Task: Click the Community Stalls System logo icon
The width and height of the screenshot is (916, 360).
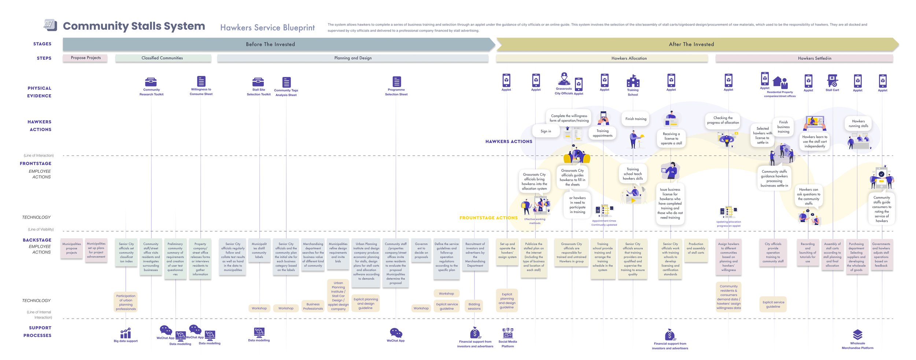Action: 50,25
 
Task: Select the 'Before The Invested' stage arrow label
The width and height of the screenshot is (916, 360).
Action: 270,44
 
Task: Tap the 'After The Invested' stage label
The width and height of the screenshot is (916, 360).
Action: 691,44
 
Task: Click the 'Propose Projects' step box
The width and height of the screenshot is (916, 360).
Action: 85,58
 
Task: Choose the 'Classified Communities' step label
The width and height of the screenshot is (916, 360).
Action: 162,58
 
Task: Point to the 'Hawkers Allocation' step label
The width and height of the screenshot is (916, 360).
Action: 629,58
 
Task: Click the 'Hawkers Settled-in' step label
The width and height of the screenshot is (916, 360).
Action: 814,58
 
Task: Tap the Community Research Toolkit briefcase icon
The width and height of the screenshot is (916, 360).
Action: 151,81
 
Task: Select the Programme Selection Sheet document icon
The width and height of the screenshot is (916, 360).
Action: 396,81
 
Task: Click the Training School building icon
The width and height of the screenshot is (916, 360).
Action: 633,81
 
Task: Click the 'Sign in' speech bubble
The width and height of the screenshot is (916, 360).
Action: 546,131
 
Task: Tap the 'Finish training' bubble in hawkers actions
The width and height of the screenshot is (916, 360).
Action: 636,119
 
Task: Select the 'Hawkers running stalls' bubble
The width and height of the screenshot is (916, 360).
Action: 858,124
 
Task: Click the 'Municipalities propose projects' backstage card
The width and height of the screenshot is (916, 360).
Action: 71,249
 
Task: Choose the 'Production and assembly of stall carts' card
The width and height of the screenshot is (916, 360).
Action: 696,249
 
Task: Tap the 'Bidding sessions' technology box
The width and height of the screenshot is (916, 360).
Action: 474,306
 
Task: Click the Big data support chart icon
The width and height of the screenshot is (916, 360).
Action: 125,333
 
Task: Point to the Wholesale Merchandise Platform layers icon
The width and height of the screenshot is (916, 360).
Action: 857,334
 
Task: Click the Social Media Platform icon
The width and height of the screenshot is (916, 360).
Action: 507,333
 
